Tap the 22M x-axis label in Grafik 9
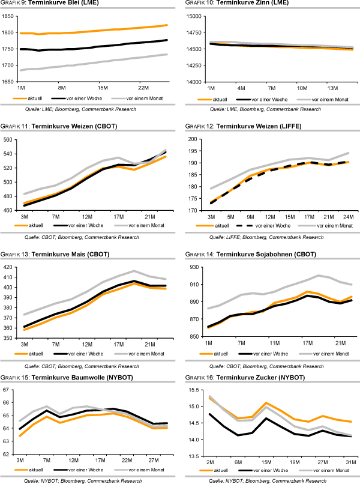[x=143, y=87]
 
